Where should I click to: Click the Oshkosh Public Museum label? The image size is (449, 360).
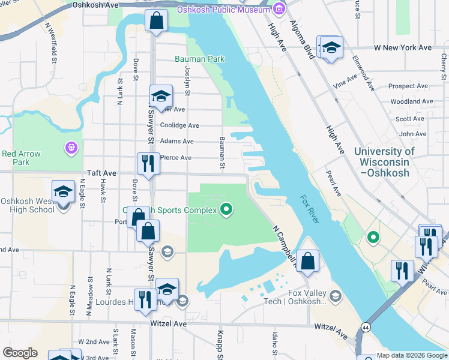click(223, 10)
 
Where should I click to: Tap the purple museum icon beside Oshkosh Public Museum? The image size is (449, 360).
click(278, 10)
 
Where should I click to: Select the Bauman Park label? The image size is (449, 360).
click(200, 59)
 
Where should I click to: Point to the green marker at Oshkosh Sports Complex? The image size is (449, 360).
click(226, 209)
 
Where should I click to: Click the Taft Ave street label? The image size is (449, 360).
click(101, 172)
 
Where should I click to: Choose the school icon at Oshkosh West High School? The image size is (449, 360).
click(62, 192)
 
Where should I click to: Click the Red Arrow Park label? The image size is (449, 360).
click(21, 158)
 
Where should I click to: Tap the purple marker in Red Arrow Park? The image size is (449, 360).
click(71, 147)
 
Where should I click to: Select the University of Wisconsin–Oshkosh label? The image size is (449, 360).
click(384, 162)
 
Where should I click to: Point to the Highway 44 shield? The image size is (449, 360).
click(365, 328)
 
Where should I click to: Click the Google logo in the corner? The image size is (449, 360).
click(20, 353)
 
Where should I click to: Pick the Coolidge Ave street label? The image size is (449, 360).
click(179, 125)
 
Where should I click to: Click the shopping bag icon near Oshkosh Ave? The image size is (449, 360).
click(156, 21)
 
